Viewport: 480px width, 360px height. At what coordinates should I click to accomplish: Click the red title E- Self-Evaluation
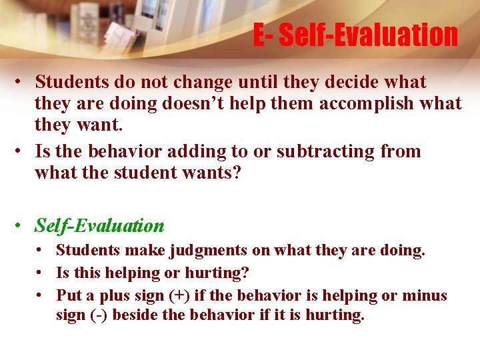point(355,35)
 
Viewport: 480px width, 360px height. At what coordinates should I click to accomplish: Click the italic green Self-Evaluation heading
point(99,226)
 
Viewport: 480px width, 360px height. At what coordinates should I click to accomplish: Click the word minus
point(426,295)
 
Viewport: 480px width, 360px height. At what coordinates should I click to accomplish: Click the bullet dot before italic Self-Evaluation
point(22,226)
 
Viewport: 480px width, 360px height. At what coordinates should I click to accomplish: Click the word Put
point(68,295)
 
